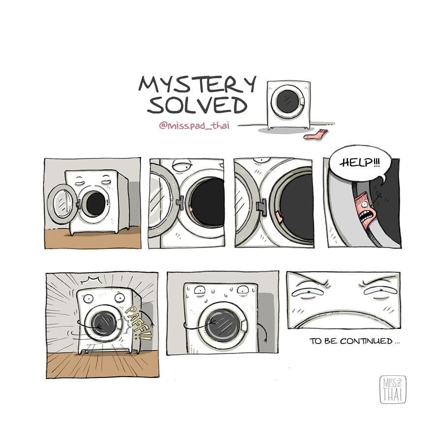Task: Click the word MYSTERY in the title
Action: (x=197, y=84)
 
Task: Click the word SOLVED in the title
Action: (x=197, y=105)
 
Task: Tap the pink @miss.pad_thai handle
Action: (x=194, y=125)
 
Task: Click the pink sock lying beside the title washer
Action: (x=316, y=134)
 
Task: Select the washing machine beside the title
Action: (x=289, y=105)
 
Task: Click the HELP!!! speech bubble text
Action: (x=360, y=163)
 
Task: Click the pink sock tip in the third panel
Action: (x=280, y=217)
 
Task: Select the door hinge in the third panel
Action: (x=262, y=207)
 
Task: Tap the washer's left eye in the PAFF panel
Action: (x=88, y=298)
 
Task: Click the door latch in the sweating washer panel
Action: (x=245, y=325)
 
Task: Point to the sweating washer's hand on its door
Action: (x=213, y=322)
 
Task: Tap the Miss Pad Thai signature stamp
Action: (x=393, y=389)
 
